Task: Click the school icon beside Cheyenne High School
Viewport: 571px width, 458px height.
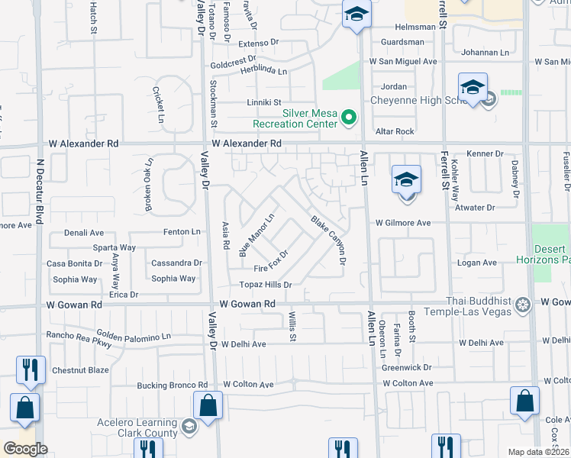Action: (473, 88)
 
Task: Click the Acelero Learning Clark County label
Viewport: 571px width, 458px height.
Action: (137, 428)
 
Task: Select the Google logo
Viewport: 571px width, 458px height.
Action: (24, 449)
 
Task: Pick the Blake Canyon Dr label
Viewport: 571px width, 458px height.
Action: (329, 240)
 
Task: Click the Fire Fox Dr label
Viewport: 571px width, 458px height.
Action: (271, 262)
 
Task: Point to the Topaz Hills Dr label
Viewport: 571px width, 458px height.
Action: (266, 285)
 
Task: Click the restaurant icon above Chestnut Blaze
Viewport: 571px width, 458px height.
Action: (31, 369)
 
